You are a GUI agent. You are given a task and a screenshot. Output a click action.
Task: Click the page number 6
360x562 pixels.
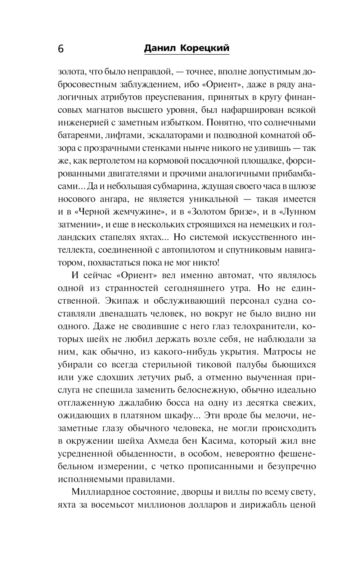[60, 49]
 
